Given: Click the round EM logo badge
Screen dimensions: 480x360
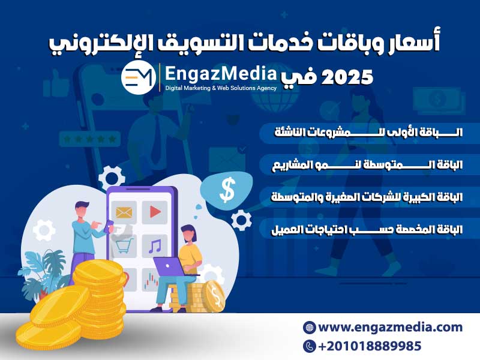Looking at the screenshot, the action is coord(139,77).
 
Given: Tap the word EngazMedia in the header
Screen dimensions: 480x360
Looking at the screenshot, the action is coord(221,74).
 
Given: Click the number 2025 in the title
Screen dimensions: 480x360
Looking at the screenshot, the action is coord(347,77).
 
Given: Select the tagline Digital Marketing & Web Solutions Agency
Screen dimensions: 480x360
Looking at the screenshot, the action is coord(221,88).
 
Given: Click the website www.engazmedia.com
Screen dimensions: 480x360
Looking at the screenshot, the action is coord(391,327).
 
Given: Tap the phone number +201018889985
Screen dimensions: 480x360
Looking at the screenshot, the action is coord(370,346).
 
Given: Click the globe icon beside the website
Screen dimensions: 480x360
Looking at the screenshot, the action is coord(309,327).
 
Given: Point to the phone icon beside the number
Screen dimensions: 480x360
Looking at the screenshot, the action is coord(309,346).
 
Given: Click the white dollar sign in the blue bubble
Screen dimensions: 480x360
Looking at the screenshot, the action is coord(227,190).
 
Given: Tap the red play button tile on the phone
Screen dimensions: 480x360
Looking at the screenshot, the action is coord(155,212).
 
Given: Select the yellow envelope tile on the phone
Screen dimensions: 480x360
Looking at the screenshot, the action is coord(124,212).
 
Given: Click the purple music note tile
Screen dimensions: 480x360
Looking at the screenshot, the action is coord(155,246).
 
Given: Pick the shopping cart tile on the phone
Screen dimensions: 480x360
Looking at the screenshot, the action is coord(124,246).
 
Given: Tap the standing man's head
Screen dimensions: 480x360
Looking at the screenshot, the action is coord(82,210).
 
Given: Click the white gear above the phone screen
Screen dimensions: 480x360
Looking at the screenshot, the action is coord(112,178).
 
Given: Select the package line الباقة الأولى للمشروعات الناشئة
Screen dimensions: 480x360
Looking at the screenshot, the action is coord(368,132).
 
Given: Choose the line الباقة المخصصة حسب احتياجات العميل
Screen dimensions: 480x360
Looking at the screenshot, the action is coord(367,230).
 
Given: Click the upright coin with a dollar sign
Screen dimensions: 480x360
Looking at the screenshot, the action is coord(215,296).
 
